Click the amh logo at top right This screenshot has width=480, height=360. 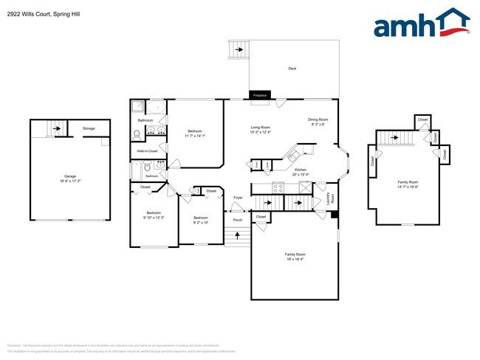pos(421,24)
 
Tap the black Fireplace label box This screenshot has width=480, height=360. pos(259,95)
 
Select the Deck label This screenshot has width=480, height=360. pos(292,69)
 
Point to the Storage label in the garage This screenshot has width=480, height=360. pos(89,128)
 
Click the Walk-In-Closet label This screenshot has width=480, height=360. pos(148,150)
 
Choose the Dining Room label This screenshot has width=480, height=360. pos(318,122)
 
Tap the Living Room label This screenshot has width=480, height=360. pos(260,130)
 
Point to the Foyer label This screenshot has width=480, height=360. pos(238,198)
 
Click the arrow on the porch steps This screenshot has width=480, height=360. pos(236,236)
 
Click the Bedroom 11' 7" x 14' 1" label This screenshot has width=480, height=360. pos(196,134)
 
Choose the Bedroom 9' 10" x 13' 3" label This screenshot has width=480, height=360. pos(154,216)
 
